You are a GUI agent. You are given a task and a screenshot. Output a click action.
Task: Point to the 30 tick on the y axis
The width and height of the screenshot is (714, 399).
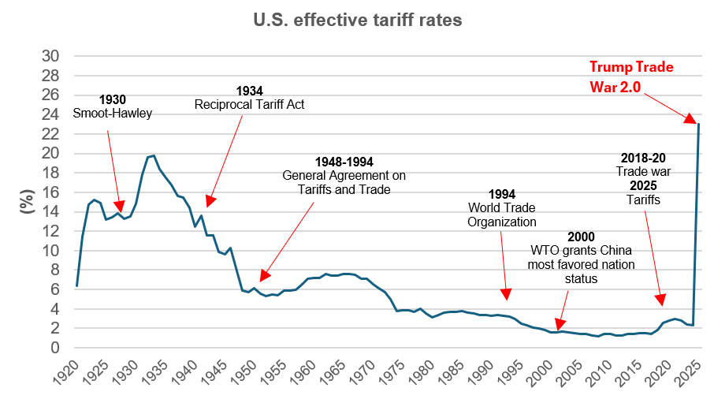tap(50, 56)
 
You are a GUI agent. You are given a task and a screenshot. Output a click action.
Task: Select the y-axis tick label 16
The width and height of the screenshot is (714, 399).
tap(50, 192)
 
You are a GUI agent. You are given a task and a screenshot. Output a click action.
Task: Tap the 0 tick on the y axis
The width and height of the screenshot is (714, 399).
tap(55, 348)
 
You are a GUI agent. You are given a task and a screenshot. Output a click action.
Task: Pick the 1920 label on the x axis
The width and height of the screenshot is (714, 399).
tap(69, 373)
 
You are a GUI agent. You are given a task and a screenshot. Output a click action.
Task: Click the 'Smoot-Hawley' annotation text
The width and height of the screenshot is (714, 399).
tap(113, 114)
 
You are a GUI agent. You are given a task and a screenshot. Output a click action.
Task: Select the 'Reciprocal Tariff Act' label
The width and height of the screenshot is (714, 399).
tap(250, 105)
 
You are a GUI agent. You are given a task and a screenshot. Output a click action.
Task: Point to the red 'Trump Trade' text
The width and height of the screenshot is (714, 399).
tap(633, 67)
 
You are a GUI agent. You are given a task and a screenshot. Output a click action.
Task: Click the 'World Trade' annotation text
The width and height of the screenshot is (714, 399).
tap(501, 207)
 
